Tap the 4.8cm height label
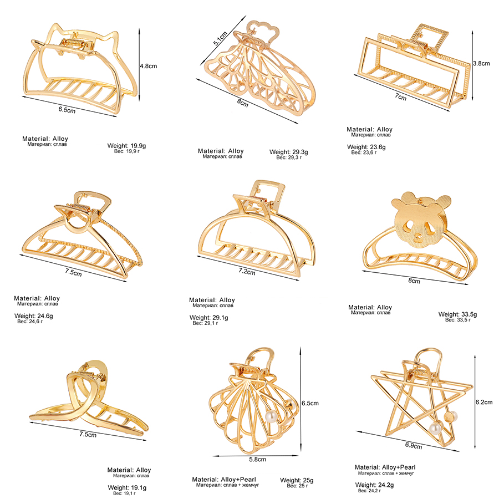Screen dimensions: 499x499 coord(148,65)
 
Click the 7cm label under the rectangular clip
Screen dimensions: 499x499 coord(401,97)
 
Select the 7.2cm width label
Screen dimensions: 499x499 coord(247,272)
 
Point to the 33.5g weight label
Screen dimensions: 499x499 coord(457,314)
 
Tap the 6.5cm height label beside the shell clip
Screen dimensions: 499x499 coord(309,403)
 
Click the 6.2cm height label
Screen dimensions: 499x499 coord(483,403)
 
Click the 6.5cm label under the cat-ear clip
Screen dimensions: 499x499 coord(67,110)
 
